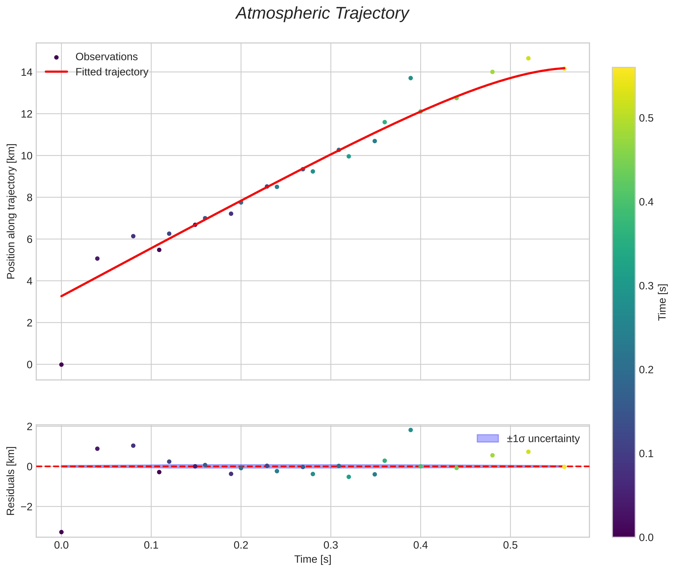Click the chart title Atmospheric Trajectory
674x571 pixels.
[x=322, y=13]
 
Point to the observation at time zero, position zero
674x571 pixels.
[x=61, y=365]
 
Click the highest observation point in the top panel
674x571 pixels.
[x=528, y=58]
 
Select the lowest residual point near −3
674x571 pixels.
[x=61, y=532]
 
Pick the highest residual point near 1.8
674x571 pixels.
[x=410, y=430]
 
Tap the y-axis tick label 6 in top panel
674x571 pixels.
[x=30, y=239]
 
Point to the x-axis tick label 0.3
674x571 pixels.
[x=331, y=545]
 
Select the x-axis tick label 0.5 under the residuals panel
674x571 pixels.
[x=510, y=545]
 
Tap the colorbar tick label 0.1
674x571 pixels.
[x=646, y=454]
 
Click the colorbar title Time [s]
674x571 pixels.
[x=662, y=302]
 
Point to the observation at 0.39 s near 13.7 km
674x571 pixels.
[x=410, y=78]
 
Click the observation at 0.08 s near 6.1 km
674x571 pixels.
[x=133, y=236]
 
